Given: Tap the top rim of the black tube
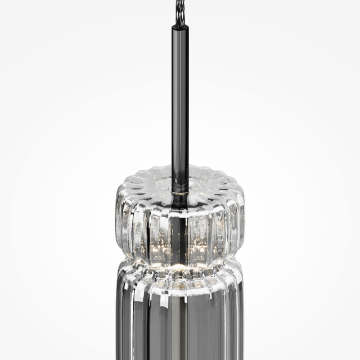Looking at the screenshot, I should tap(180, 24).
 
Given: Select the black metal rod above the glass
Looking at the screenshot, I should tap(180, 101).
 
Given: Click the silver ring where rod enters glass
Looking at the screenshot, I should tap(180, 192).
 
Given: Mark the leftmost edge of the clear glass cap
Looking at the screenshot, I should tap(116, 217).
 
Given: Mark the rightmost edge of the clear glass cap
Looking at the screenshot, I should tap(245, 217).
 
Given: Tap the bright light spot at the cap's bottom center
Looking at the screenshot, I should tap(180, 264).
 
